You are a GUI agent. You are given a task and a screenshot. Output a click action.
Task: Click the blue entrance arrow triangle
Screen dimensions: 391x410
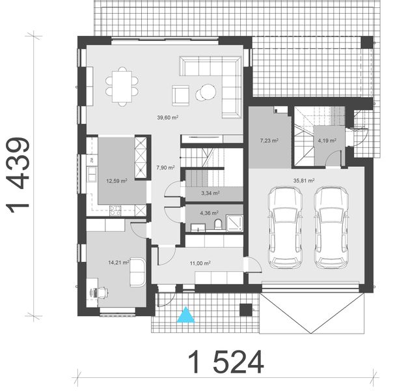click(187, 315)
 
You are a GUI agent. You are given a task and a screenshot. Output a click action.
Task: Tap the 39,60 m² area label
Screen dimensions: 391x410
click(167, 118)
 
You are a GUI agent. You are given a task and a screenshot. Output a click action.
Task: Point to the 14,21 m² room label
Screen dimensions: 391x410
click(118, 263)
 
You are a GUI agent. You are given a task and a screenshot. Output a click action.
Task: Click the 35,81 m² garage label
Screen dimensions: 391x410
click(304, 181)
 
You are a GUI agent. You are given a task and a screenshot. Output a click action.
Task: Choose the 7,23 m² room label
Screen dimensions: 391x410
click(269, 140)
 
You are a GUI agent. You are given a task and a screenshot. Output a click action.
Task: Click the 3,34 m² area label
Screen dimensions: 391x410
click(210, 194)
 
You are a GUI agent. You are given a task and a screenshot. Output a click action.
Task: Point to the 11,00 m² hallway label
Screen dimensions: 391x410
click(200, 263)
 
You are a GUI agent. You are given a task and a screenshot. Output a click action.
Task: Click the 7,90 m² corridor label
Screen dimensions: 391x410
click(166, 167)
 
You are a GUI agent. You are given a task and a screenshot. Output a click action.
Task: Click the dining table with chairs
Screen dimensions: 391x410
click(123, 85)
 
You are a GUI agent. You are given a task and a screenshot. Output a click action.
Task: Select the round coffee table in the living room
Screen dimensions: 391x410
click(206, 91)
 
